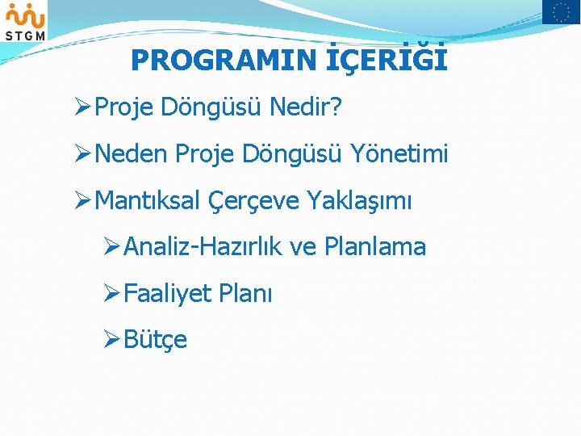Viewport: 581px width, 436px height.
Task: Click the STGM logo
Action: (x=25, y=21)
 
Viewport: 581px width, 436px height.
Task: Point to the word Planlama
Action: (x=374, y=247)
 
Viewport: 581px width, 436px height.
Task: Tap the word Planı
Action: (x=245, y=294)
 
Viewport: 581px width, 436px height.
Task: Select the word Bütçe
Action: (x=156, y=340)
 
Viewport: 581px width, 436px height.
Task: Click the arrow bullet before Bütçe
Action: (x=112, y=340)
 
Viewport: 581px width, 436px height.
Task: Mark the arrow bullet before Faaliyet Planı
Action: (x=112, y=294)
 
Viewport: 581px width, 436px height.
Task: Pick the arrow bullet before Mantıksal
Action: (x=82, y=201)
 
